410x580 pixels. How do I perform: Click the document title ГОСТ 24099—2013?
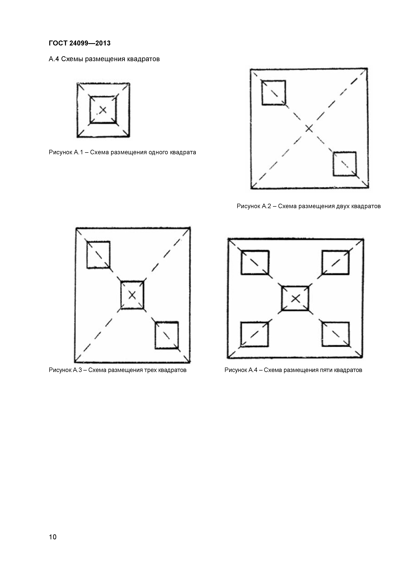point(80,43)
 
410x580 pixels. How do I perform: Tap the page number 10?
point(53,537)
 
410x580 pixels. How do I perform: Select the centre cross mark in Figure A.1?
point(103,110)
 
